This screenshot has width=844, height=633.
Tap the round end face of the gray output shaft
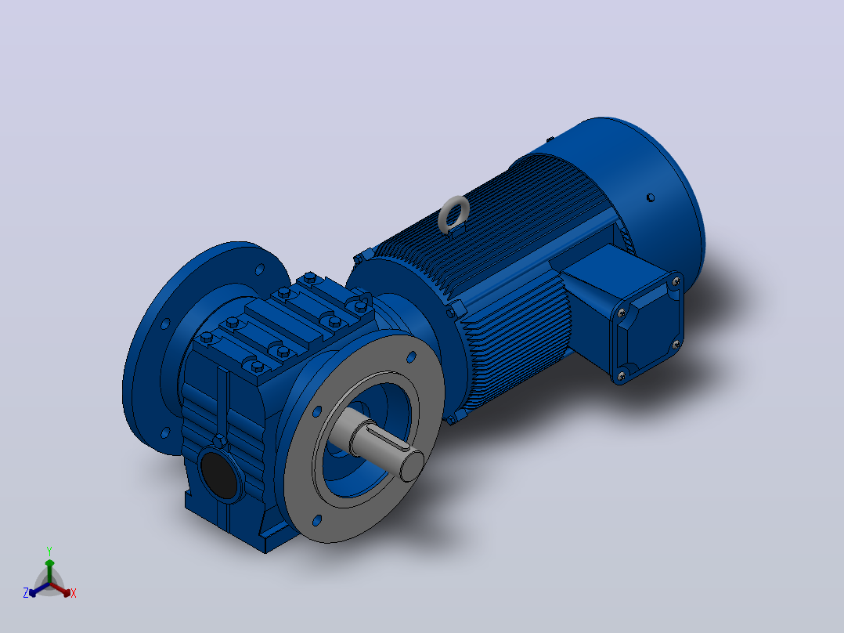(413, 465)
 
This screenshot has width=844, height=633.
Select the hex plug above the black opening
(219, 441)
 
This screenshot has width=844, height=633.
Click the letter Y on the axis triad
(49, 551)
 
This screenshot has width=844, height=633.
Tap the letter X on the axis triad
(74, 593)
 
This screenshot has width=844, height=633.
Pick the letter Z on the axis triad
(26, 593)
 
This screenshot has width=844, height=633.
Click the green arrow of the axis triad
(49, 570)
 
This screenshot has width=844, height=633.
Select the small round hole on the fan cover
(650, 197)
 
